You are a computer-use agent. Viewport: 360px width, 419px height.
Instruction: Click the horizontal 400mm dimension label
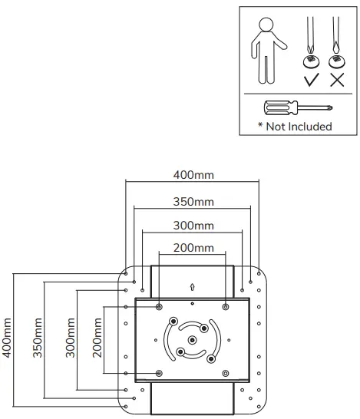[x=193, y=176]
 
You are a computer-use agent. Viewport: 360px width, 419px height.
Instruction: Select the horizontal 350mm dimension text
[x=193, y=202]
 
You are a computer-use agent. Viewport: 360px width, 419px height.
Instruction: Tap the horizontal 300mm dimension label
[x=193, y=226]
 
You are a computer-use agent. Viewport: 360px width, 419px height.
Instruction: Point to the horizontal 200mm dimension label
[x=193, y=248]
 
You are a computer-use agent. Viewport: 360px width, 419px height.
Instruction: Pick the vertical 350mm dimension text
[x=38, y=342]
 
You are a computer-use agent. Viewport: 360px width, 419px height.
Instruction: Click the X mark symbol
[x=335, y=81]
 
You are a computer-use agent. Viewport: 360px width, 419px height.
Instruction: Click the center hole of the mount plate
[x=192, y=339]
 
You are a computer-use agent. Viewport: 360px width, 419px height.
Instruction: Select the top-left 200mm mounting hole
[x=159, y=307]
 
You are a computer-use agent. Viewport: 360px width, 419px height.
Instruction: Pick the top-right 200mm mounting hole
[x=225, y=307]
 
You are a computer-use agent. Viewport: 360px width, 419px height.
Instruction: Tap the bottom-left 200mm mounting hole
[x=159, y=372]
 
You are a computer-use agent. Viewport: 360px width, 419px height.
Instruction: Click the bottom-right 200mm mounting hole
[x=225, y=372]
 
